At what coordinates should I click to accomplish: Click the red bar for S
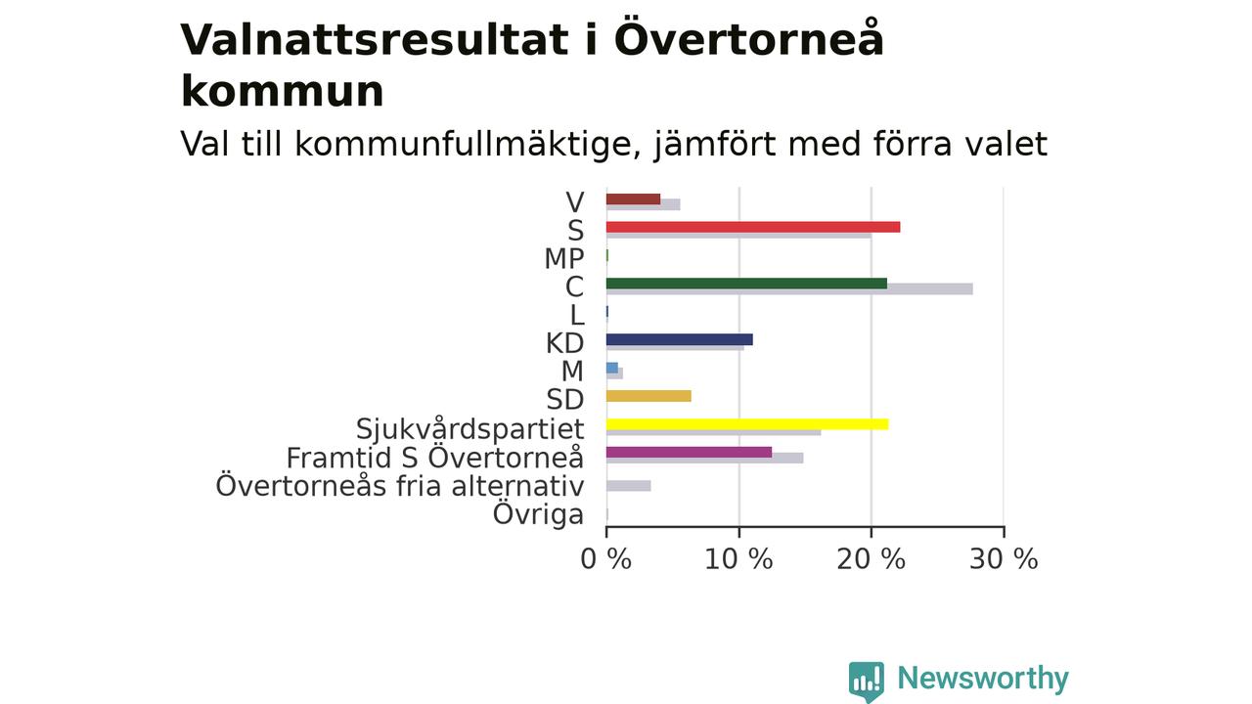point(753,227)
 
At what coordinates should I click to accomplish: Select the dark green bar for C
point(746,284)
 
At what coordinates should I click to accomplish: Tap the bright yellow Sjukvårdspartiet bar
point(747,424)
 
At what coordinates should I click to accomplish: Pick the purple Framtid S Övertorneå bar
point(690,452)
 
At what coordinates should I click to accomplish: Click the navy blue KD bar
point(680,339)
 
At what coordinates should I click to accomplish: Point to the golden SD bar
point(648,396)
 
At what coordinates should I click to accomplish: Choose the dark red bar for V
point(633,198)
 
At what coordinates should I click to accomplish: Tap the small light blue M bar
point(612,368)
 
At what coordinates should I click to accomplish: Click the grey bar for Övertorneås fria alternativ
point(628,486)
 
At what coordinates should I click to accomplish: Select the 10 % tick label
point(738,559)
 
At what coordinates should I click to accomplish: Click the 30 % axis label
point(1004,559)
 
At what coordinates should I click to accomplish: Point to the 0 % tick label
point(605,559)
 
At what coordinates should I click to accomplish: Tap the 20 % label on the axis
point(871,559)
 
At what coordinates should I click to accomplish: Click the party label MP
point(564,259)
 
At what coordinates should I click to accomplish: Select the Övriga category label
point(538,513)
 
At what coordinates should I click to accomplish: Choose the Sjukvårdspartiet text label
point(470,428)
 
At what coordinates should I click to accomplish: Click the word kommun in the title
point(283,92)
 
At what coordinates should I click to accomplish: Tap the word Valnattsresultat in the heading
point(375,40)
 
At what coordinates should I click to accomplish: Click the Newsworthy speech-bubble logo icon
point(867,682)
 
